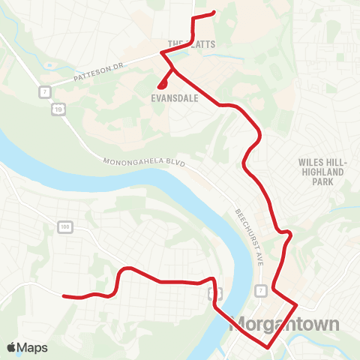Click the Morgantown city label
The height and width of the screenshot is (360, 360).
click(287, 325)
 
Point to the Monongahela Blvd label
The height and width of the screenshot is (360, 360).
click(142, 161)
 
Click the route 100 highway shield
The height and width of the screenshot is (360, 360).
click(64, 226)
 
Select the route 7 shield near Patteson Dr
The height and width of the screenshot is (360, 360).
click(45, 91)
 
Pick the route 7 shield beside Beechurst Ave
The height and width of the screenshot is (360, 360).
click(260, 290)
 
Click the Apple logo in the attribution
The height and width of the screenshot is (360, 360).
click(12, 347)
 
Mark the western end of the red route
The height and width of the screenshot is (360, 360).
click(62, 295)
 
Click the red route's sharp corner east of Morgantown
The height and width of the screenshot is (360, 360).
click(298, 304)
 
